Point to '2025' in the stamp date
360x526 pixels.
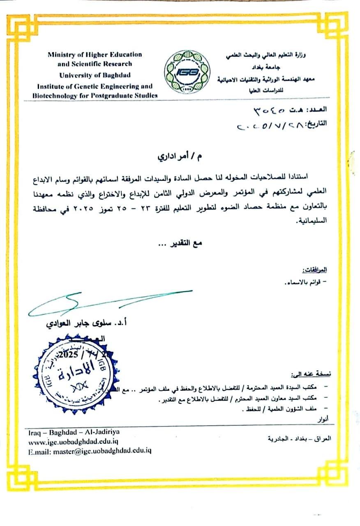(x=68, y=354)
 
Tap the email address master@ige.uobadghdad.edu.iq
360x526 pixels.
(x=90, y=451)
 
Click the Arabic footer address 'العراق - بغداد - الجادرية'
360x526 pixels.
(x=299, y=438)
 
